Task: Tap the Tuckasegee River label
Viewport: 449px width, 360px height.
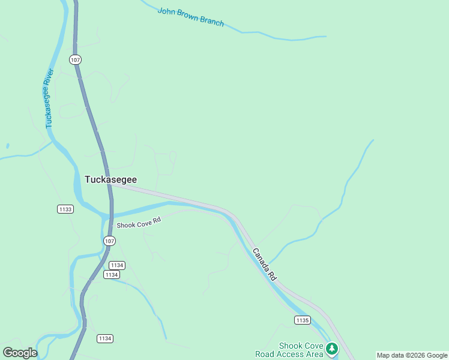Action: click(x=50, y=98)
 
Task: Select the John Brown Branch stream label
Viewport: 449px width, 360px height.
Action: click(x=190, y=17)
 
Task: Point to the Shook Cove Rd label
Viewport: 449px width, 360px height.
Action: click(x=139, y=224)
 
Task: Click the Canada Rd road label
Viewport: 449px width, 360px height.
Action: click(x=264, y=265)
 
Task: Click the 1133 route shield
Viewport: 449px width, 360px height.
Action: click(x=65, y=209)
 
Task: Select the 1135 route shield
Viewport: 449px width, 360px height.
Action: click(x=302, y=320)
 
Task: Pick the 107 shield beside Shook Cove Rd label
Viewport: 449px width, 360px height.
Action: click(x=108, y=241)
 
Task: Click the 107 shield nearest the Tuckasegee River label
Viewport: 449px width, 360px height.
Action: click(x=75, y=60)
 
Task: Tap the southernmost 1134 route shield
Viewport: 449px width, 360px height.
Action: click(x=104, y=338)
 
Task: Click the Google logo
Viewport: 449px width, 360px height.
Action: click(x=20, y=353)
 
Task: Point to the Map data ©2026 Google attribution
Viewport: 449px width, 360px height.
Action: click(x=412, y=355)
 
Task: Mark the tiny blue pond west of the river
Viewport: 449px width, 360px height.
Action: click(x=7, y=145)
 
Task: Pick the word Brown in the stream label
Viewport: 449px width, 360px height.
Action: click(x=186, y=16)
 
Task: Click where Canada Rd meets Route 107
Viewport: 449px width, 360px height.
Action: click(x=110, y=185)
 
